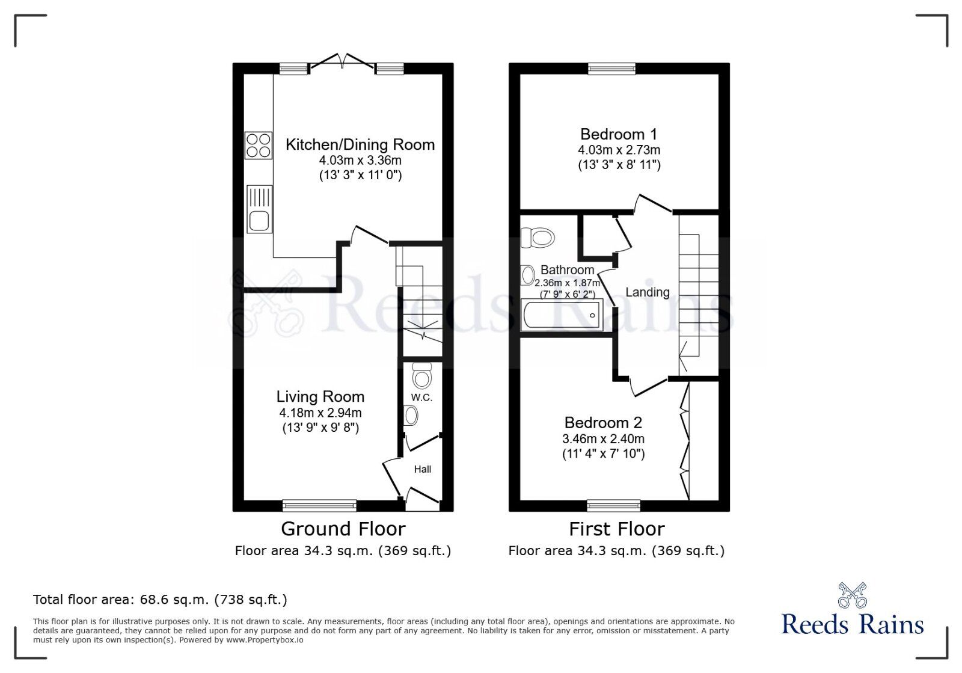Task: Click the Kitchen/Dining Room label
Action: tap(360, 145)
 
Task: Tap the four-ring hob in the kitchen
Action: tap(259, 146)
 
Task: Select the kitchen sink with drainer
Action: tap(259, 209)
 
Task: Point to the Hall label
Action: tap(422, 469)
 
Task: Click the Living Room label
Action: tap(320, 397)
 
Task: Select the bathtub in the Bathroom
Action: tap(562, 315)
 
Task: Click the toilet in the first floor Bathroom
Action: tap(538, 237)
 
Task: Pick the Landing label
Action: tap(648, 292)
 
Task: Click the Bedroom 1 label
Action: tap(619, 134)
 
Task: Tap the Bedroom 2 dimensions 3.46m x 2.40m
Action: tap(603, 439)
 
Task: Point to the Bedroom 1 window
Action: tap(611, 69)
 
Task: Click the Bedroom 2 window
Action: tap(613, 505)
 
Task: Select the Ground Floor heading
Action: tap(343, 529)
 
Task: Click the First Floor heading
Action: tap(616, 529)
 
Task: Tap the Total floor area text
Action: tap(160, 600)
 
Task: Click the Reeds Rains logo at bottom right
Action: tap(852, 610)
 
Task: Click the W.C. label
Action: tap(421, 398)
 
